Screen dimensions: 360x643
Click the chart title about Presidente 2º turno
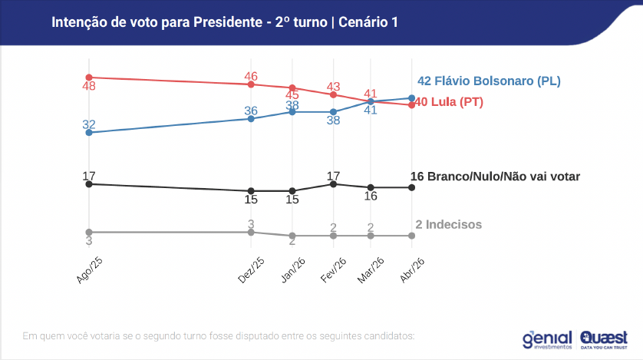click(x=224, y=21)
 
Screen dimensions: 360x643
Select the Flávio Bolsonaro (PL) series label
click(x=489, y=81)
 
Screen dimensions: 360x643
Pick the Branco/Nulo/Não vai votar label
click(x=495, y=177)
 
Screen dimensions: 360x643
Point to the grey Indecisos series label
click(x=449, y=224)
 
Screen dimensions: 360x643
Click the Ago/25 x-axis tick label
click(x=90, y=270)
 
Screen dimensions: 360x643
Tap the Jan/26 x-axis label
click(x=293, y=270)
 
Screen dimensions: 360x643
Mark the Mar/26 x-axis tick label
click(x=372, y=270)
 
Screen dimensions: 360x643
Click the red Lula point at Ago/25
click(x=89, y=78)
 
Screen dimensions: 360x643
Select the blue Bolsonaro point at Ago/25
click(x=89, y=133)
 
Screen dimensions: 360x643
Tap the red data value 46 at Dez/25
click(x=251, y=75)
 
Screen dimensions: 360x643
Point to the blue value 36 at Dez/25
click(x=251, y=111)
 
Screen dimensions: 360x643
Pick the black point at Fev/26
click(x=333, y=184)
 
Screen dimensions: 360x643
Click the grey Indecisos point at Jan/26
click(x=292, y=236)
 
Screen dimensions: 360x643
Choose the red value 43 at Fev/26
click(x=333, y=87)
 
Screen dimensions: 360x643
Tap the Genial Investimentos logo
click(x=548, y=339)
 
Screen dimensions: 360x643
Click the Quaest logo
click(x=605, y=339)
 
